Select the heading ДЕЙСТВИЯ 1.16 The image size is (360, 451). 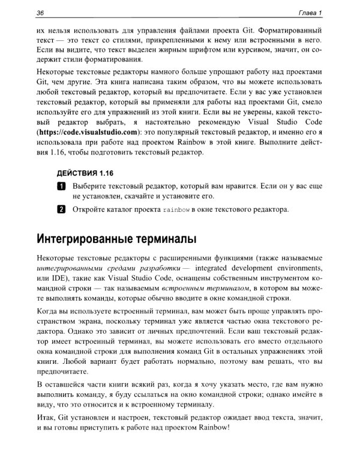pos(85,173)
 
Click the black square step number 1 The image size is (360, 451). pos(61,187)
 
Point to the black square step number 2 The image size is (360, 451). pos(61,209)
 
